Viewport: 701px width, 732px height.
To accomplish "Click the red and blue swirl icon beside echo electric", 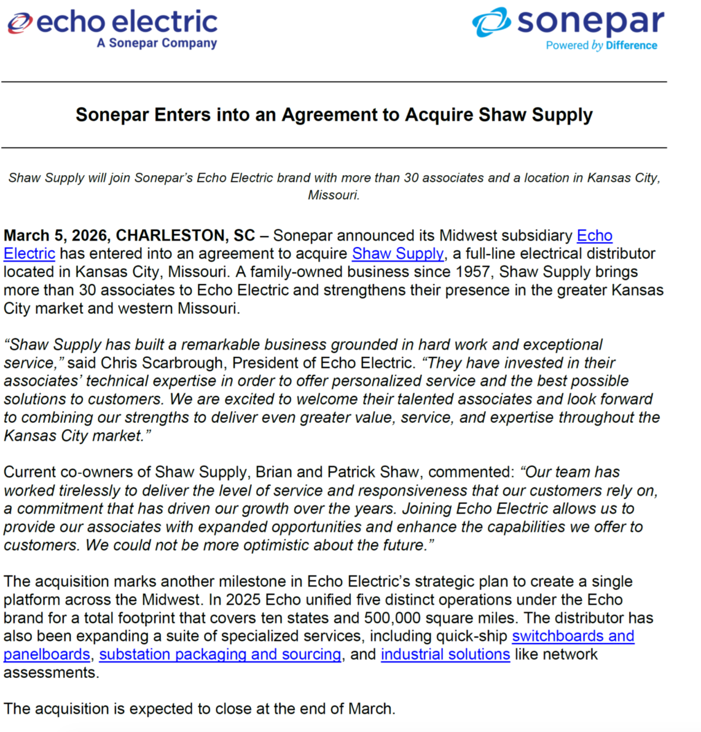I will pyautogui.click(x=19, y=23).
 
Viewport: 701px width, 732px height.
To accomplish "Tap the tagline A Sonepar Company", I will pyautogui.click(x=157, y=43).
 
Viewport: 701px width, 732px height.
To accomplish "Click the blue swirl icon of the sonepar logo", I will pyautogui.click(x=491, y=22).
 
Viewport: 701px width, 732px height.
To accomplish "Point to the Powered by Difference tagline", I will pyautogui.click(x=601, y=45).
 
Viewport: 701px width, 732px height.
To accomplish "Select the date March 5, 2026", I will pyautogui.click(x=56, y=235).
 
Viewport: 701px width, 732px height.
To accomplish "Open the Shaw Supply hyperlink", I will pyautogui.click(x=397, y=254).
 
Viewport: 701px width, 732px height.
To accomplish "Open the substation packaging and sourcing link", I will pyautogui.click(x=220, y=655).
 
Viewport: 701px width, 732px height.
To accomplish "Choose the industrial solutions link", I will pyautogui.click(x=445, y=655).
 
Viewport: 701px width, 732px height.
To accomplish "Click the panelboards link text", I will pyautogui.click(x=47, y=655).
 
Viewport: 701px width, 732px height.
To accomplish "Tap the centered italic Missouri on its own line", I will pyautogui.click(x=334, y=195).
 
